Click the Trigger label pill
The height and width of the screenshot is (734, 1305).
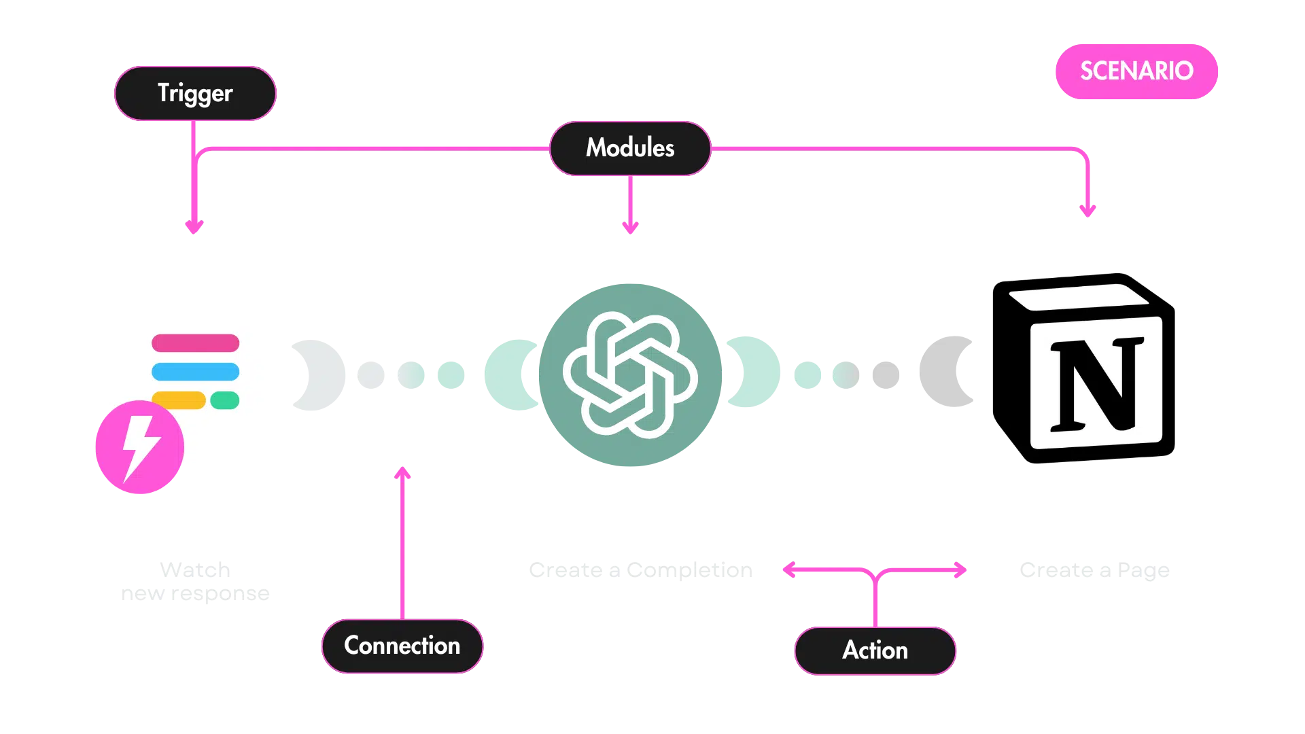coord(195,93)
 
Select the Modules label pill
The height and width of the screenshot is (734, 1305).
coord(630,147)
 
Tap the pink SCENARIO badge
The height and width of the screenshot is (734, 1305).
coord(1136,71)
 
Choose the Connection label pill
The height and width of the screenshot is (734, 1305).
coord(402,646)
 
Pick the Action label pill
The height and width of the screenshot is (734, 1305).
coord(875,650)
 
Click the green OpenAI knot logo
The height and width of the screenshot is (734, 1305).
coord(630,374)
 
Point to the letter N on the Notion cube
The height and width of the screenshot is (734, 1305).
coord(1096,385)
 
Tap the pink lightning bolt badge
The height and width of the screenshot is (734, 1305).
coord(139,447)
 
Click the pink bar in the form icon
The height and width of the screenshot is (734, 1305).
coord(195,343)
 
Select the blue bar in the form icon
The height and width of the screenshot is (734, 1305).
coord(195,372)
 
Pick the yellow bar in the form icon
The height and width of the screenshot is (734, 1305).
coord(178,400)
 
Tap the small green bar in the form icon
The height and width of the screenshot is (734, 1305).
coord(225,400)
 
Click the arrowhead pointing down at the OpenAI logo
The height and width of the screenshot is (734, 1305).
coord(630,227)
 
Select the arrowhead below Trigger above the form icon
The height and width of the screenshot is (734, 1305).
coord(194,227)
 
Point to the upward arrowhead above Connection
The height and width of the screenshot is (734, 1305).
coord(403,472)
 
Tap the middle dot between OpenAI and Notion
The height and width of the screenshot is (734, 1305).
coord(848,374)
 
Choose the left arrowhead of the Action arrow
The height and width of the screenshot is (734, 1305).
coord(790,570)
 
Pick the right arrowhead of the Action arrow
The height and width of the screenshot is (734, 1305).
coord(960,570)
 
